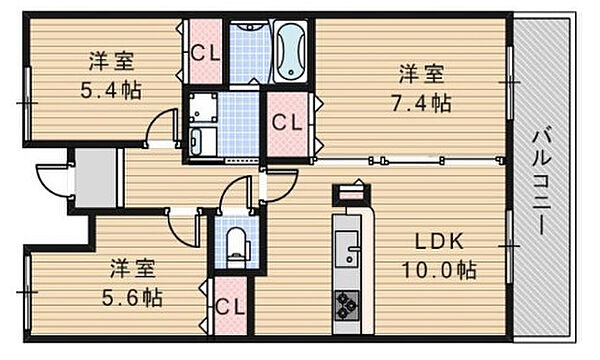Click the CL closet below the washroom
pyautogui.click(x=288, y=124)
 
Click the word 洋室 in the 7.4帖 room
pyautogui.click(x=423, y=73)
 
